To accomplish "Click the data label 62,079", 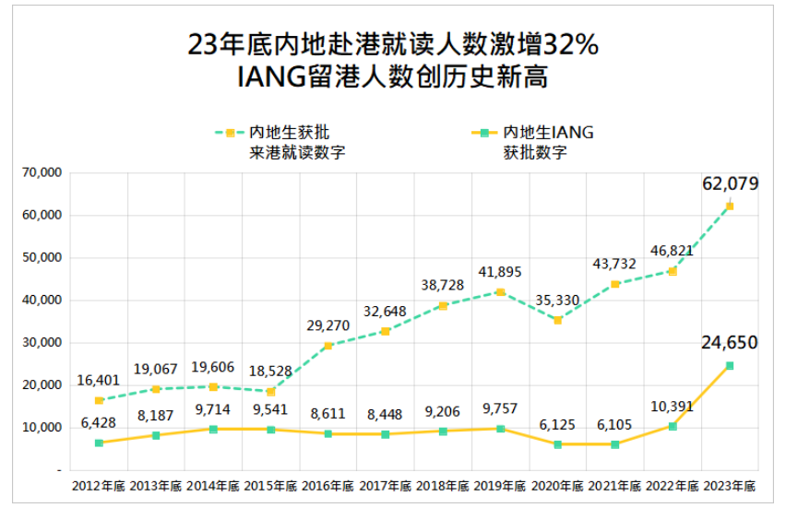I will [x=730, y=183].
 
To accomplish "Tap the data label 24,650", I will [x=729, y=343].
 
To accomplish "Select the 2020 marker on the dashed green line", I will [x=557, y=320].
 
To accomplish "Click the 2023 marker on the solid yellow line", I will [x=729, y=366].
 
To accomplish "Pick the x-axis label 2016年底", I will [x=327, y=486].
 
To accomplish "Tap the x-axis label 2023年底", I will [x=729, y=486].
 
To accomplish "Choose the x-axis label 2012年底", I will [x=99, y=486].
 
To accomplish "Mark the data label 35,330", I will [x=557, y=300].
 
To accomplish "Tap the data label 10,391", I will [x=672, y=406].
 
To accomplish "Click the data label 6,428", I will [x=98, y=421].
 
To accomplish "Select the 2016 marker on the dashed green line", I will [x=327, y=346].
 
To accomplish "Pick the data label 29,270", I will [x=327, y=325].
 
